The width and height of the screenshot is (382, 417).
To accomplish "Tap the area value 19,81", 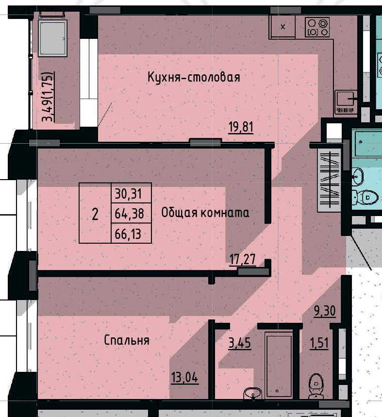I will [241, 128].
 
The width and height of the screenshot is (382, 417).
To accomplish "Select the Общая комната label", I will [205, 213].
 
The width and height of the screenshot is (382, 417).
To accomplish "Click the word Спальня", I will [127, 340].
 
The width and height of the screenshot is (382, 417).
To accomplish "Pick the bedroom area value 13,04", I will [184, 377].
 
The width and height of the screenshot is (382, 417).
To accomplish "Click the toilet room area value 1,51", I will [319, 343].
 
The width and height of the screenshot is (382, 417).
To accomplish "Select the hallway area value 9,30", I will [325, 311].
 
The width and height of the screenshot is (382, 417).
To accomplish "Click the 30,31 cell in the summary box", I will [128, 194].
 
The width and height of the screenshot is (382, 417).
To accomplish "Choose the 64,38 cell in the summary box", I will [128, 213].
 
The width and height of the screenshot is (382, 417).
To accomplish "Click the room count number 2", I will [95, 214].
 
